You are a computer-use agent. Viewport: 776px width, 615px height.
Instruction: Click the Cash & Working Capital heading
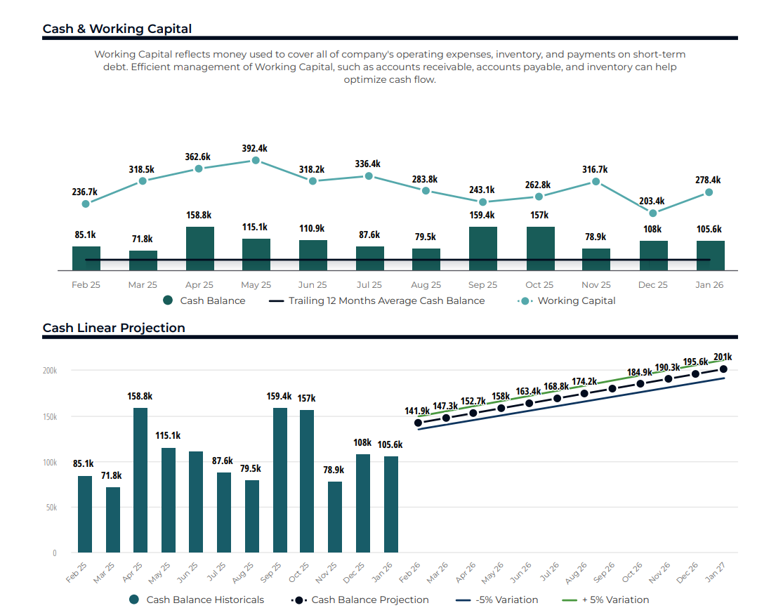pos(117,29)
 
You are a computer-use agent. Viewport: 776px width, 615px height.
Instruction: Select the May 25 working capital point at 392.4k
pos(256,160)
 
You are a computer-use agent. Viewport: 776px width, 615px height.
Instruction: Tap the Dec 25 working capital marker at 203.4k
pos(653,213)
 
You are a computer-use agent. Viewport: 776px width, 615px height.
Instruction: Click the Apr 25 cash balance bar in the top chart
pos(199,249)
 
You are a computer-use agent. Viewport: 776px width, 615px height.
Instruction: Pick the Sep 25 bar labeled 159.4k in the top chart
pos(482,249)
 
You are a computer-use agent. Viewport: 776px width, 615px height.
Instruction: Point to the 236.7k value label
pos(84,192)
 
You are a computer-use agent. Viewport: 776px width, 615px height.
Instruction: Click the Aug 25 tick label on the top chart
pos(426,285)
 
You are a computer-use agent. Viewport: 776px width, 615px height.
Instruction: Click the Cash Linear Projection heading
pos(114,328)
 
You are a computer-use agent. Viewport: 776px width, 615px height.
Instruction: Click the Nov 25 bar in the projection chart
pos(335,517)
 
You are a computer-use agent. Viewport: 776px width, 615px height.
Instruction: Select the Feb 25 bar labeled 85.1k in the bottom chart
pos(84,514)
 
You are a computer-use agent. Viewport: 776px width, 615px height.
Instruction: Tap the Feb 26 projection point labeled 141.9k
pos(419,423)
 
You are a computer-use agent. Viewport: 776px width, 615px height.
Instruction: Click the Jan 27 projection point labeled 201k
pos(723,369)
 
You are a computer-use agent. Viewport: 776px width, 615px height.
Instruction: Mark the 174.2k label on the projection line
pos(584,382)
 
